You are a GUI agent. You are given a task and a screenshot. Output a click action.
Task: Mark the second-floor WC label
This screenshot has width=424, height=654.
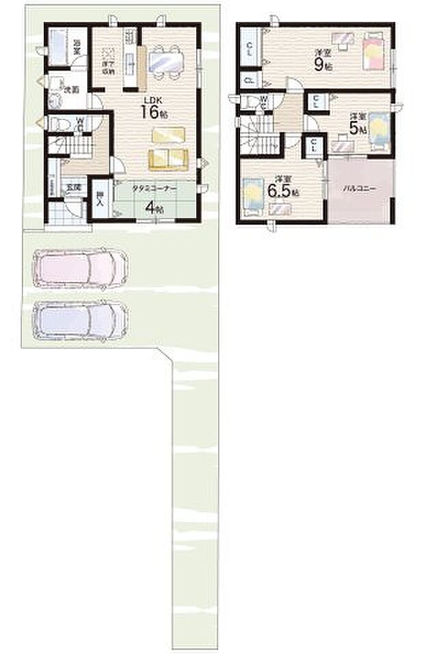tap(263, 101)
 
